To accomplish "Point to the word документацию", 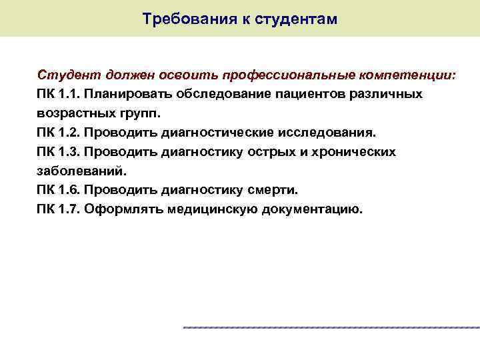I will pyautogui.click(x=313, y=210).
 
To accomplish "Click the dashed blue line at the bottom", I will pyautogui.click(x=331, y=327).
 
